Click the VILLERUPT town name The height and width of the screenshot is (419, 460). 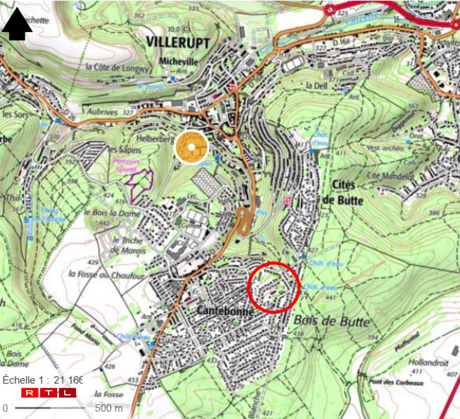pyautogui.click(x=178, y=42)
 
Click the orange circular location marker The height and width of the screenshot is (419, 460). pyautogui.click(x=191, y=147)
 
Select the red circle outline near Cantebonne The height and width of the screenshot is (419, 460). pyautogui.click(x=274, y=287)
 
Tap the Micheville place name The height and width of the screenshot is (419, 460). pyautogui.click(x=178, y=61)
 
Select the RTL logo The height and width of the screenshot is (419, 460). pyautogui.click(x=49, y=393)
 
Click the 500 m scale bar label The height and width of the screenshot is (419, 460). pyautogui.click(x=109, y=408)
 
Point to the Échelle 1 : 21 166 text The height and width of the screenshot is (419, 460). pyautogui.click(x=43, y=380)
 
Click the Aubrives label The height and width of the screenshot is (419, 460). pyautogui.click(x=102, y=112)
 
